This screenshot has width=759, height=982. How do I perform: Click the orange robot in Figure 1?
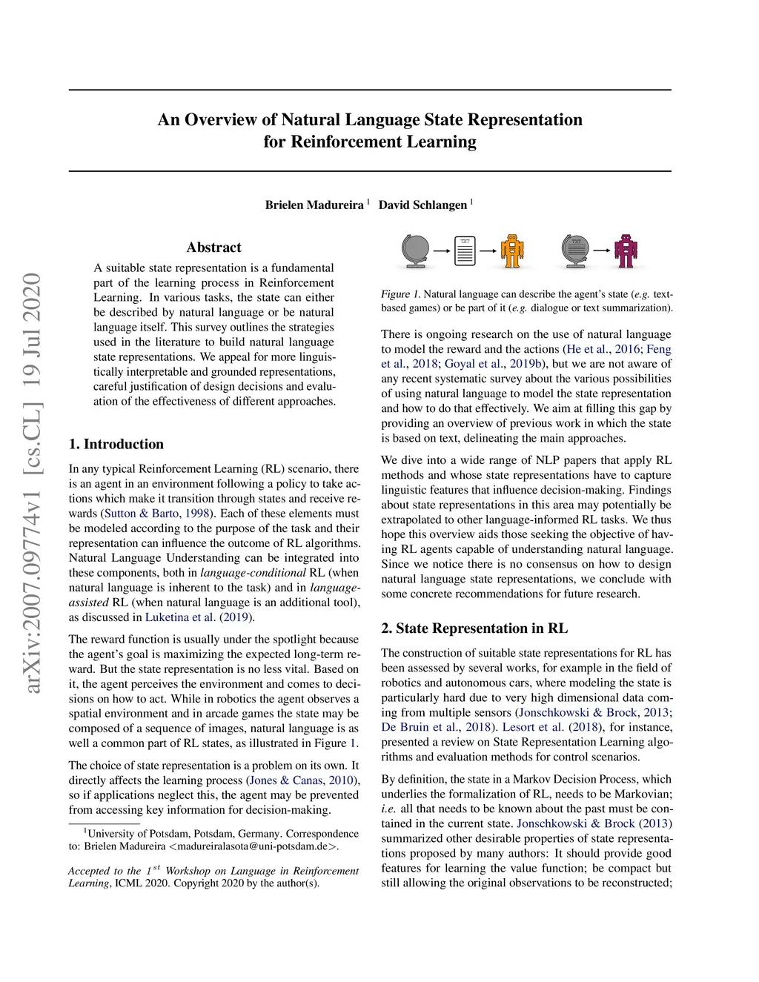click(511, 251)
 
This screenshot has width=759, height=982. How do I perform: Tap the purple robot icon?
click(626, 251)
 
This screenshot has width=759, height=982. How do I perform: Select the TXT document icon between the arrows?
click(465, 251)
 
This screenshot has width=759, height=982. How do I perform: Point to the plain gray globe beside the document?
click(416, 251)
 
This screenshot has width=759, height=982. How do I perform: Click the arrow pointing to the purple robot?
click(601, 251)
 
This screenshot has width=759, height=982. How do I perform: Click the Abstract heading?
click(213, 248)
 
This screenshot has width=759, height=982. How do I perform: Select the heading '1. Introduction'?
click(116, 444)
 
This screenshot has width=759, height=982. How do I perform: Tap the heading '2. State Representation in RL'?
click(474, 628)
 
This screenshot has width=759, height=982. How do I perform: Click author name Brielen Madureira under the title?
click(314, 205)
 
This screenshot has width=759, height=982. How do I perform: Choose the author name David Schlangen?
click(422, 205)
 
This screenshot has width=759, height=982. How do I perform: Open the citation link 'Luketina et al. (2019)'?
click(199, 617)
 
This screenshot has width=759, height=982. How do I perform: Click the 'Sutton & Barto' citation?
click(142, 514)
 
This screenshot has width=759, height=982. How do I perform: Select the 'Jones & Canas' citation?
click(287, 780)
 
